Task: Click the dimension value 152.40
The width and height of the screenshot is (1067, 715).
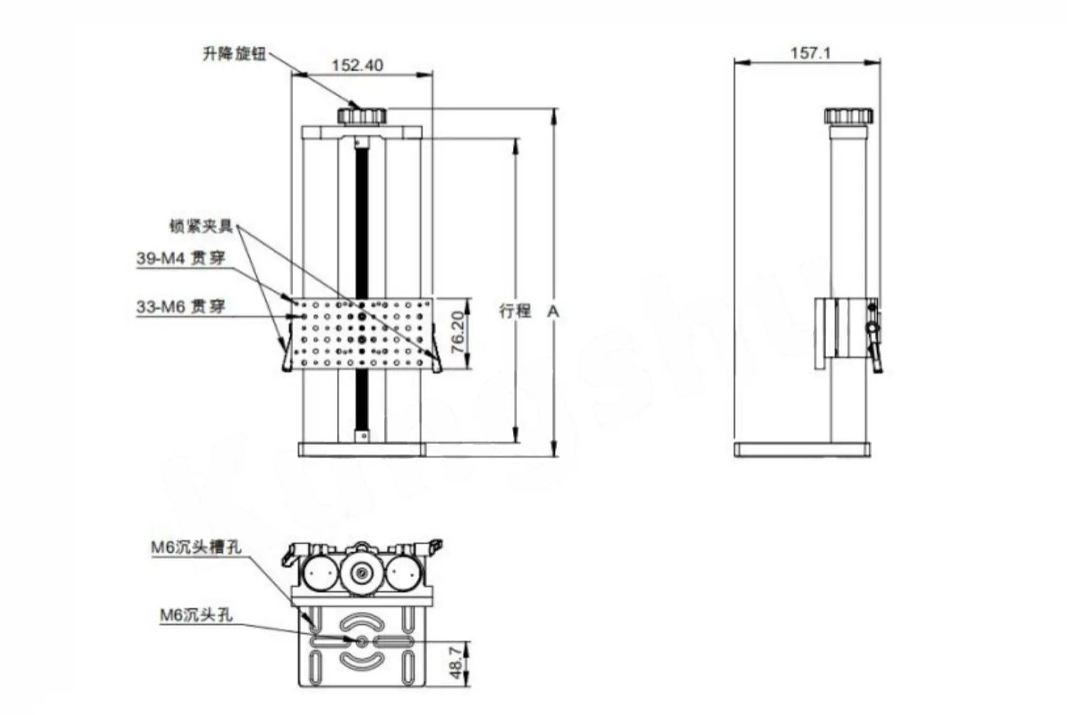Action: click(357, 65)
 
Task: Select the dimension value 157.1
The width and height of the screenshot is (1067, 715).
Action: click(810, 53)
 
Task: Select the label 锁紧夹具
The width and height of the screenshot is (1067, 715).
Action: click(201, 226)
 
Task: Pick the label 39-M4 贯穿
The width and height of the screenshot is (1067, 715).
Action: click(181, 258)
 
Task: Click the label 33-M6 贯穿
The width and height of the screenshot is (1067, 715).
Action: click(181, 307)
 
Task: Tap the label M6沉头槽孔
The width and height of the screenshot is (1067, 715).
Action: click(196, 547)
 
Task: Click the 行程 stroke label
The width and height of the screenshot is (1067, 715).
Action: click(515, 311)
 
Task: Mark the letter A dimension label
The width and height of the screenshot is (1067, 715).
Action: click(553, 311)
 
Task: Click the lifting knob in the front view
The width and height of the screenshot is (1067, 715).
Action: click(361, 115)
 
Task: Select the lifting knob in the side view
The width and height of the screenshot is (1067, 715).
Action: click(849, 115)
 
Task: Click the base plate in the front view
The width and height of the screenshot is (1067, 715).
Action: click(361, 449)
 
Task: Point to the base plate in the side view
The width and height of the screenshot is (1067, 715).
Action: click(802, 449)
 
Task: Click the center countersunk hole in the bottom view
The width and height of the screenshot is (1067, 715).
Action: click(362, 642)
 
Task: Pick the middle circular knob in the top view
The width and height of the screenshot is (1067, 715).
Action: click(362, 573)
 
